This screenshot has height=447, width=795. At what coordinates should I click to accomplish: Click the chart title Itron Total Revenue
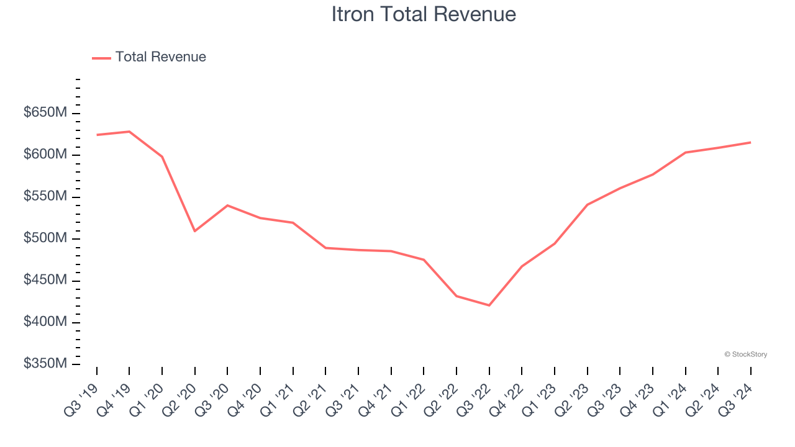424,14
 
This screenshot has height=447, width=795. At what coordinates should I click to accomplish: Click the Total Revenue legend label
160,57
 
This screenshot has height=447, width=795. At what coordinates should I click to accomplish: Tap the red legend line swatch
101,58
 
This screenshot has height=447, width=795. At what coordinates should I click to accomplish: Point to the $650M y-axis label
45,113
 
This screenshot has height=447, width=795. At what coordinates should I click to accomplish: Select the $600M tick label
45,155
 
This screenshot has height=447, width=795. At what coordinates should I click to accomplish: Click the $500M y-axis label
45,238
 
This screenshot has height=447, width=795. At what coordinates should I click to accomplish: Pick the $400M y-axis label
45,322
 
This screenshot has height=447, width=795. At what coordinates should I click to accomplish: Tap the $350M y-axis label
45,364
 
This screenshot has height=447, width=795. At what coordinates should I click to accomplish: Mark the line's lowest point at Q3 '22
489,305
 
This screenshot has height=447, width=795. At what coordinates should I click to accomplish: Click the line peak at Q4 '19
129,132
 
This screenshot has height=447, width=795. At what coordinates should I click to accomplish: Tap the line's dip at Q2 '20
195,231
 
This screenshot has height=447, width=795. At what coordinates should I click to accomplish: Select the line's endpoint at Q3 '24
750,142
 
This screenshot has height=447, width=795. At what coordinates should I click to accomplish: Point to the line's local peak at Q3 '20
227,205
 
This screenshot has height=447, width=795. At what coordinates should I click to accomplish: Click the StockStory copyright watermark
745,354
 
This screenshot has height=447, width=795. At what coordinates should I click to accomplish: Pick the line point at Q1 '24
685,152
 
